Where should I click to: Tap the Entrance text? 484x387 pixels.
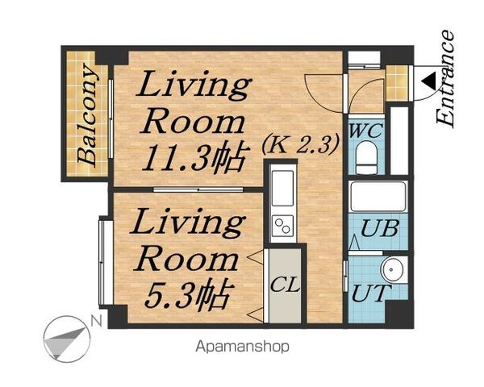coord(445,79)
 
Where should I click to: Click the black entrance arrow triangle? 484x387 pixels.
coord(429,81)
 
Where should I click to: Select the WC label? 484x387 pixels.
coord(366,131)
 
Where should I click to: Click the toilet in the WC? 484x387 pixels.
coord(366,158)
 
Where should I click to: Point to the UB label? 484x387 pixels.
coord(379,228)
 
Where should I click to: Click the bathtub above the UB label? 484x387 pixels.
coord(378,196)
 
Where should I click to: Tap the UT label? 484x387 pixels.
coord(369,293)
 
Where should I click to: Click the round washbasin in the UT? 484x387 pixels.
coord(391,269)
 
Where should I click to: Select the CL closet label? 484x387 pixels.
coord(286,285)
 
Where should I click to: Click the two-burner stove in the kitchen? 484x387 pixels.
coord(282,226)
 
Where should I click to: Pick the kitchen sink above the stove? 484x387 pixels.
coord(282,188)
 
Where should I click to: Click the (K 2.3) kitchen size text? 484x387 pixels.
coord(301,144)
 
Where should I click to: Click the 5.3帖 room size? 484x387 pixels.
coord(187,294)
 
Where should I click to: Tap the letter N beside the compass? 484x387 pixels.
coord(97,322)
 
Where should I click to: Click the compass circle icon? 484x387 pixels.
coord(67,339)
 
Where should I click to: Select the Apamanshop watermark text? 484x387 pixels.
coord(242,346)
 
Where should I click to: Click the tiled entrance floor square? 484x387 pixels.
coord(397,83)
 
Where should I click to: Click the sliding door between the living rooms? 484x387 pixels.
coord(198,189)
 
